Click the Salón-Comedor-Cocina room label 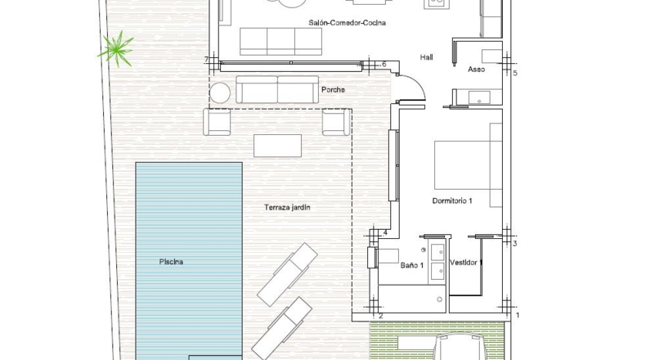(x=347, y=23)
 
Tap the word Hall (x=426, y=57)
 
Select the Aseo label (x=476, y=70)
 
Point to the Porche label (x=333, y=89)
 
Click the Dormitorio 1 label (x=452, y=200)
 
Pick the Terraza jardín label (x=287, y=208)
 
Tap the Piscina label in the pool (x=171, y=262)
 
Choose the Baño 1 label (x=412, y=265)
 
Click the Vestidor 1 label (x=466, y=263)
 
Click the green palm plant (x=117, y=49)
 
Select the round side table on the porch (x=220, y=92)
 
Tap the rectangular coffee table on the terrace (x=277, y=146)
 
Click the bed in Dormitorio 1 (x=468, y=165)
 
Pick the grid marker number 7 (x=206, y=61)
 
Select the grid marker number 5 (x=515, y=74)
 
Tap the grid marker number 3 (x=514, y=244)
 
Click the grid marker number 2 (x=381, y=317)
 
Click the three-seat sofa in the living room (x=280, y=41)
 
